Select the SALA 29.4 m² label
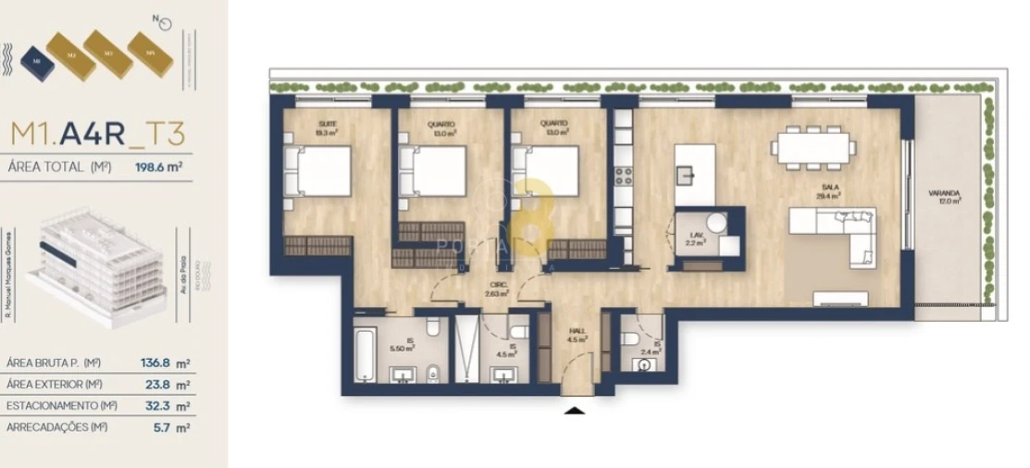[828, 191]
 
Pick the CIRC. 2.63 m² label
[498, 290]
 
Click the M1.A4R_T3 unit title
[97, 134]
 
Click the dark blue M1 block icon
[35, 61]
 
